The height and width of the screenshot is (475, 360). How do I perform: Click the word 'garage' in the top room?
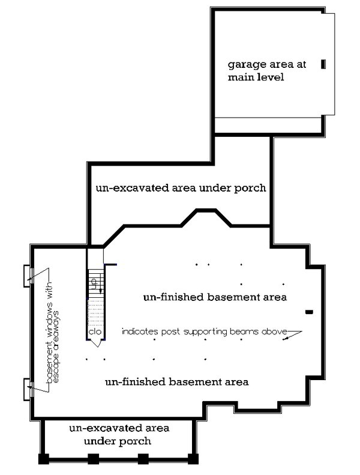244,65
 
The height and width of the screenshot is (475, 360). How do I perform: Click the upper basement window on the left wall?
27,275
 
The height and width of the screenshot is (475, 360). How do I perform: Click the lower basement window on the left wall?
27,390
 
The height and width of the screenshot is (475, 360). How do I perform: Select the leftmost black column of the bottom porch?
44,459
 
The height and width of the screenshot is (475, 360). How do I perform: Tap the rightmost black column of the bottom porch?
193,459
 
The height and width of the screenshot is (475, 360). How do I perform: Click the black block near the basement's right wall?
310,312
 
